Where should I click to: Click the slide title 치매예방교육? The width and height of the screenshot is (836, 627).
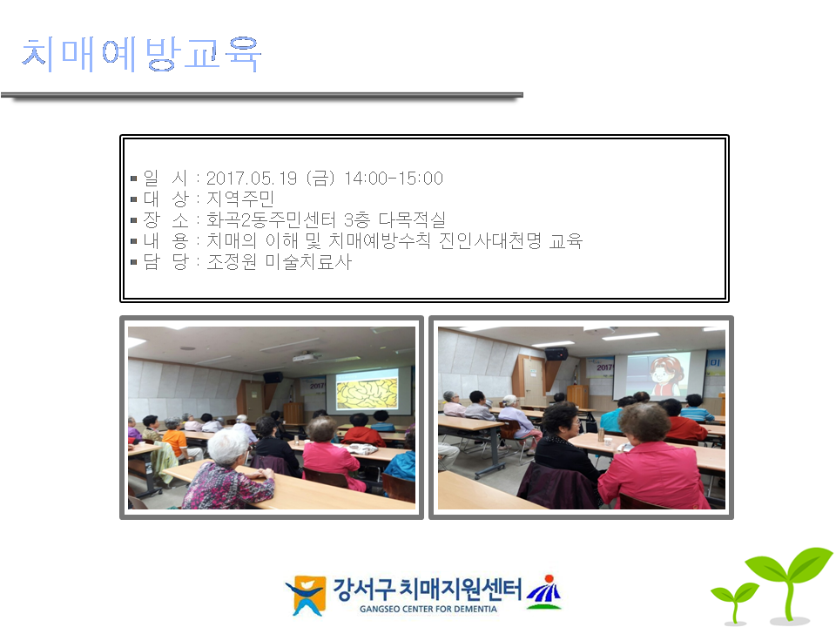[141, 54]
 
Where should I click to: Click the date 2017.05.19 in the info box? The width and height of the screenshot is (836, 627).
[251, 178]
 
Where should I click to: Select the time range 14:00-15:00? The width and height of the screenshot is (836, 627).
[394, 178]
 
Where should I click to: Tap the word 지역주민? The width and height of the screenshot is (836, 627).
[240, 199]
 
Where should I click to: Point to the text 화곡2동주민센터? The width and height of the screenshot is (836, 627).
[271, 219]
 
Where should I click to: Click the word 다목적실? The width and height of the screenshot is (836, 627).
[412, 219]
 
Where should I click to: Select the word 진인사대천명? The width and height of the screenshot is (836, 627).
[490, 240]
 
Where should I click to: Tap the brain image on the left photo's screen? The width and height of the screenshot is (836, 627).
[367, 393]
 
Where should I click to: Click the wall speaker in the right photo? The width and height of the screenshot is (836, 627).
[556, 353]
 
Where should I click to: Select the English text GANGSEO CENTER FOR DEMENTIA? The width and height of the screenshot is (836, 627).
[428, 609]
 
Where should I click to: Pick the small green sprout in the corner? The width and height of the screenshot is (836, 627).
[735, 602]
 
